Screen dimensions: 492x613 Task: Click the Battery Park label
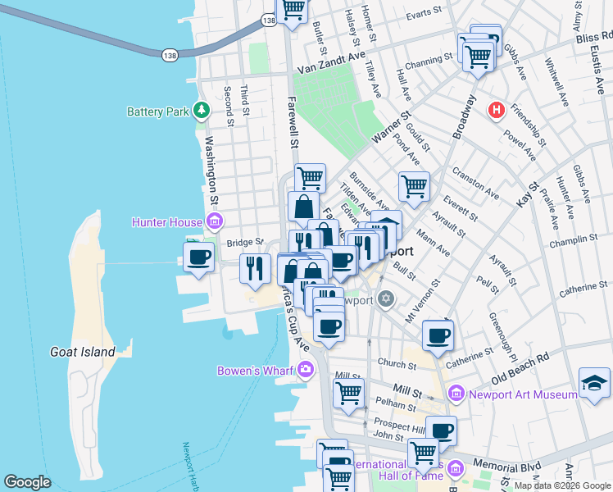coord(159,112)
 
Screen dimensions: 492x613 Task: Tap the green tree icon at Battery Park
coord(201,111)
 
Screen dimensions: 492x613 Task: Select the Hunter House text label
coord(169,221)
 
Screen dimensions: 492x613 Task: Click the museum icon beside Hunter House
coord(215,221)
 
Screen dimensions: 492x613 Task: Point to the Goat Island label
coord(83,352)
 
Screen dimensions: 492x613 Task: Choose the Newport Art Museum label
coord(524,394)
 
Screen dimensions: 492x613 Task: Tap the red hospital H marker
coord(496,109)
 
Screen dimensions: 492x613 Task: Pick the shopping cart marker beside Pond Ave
coord(415,186)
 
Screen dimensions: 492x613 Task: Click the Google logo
coord(28,482)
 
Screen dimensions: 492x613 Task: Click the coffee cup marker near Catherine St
coord(438,335)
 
